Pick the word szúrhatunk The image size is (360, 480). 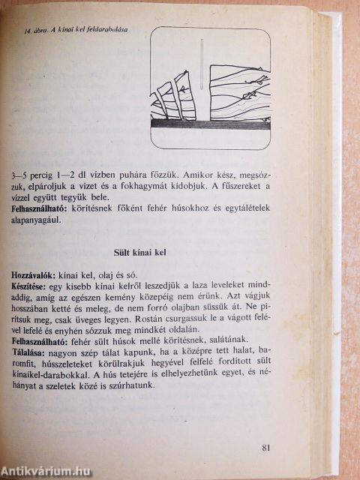(130, 388)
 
